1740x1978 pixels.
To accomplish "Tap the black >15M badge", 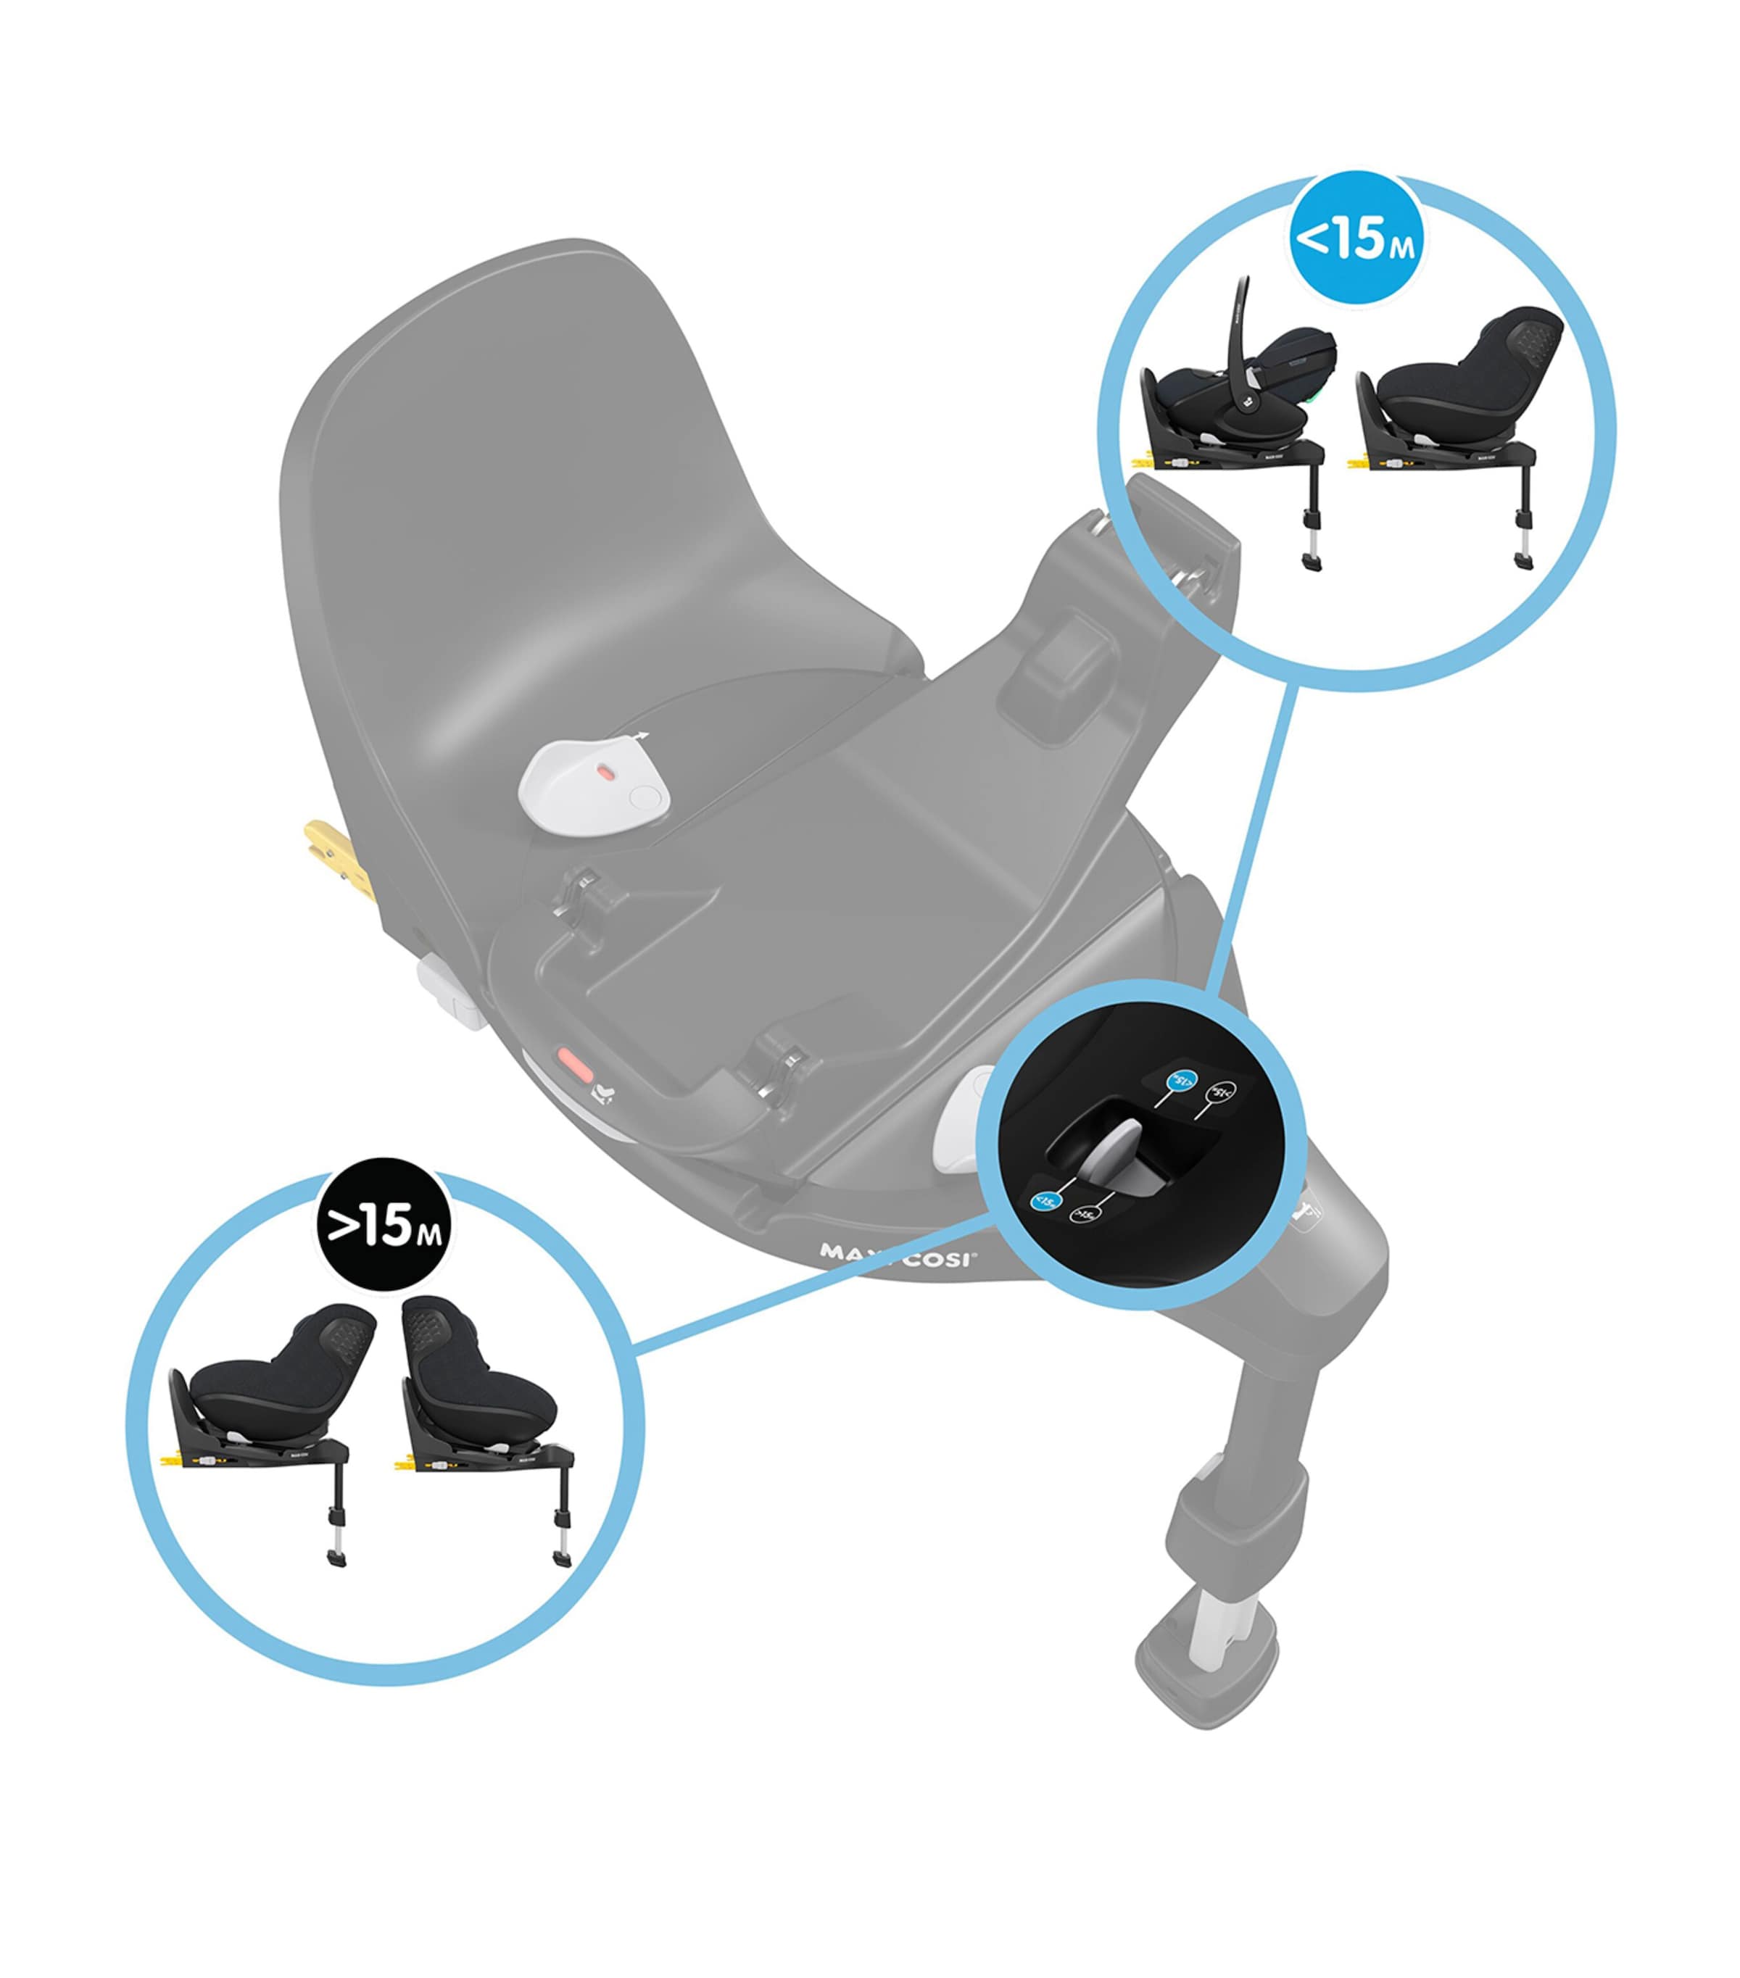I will coord(384,1226).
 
